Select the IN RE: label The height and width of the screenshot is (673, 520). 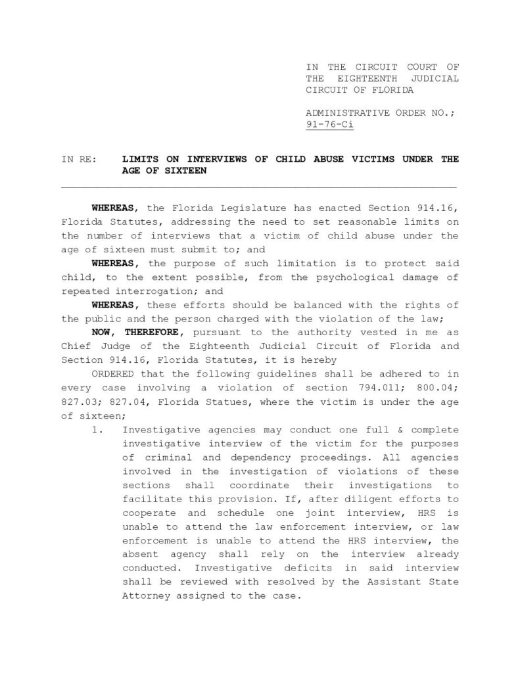78,159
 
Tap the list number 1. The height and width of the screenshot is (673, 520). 98,429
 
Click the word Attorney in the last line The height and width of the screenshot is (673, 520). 146,595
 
